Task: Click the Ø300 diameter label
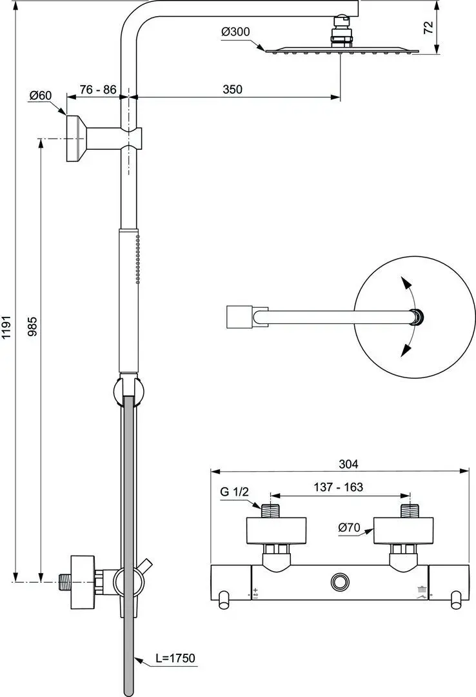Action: (235, 32)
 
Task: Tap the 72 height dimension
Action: (428, 28)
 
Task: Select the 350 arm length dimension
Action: (232, 89)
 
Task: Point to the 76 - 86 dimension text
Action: (98, 89)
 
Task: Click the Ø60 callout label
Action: (41, 95)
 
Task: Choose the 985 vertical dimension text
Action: (33, 327)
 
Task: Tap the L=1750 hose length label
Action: (175, 658)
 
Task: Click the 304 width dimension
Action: (348, 464)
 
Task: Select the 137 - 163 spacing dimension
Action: (338, 487)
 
